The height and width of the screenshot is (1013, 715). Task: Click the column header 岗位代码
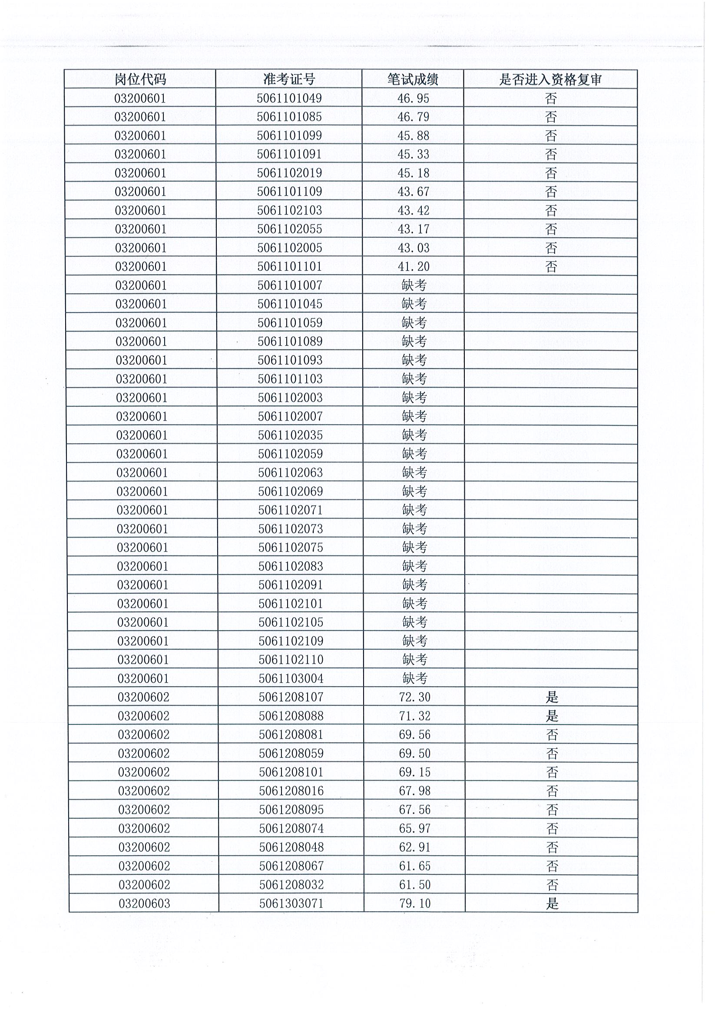point(140,80)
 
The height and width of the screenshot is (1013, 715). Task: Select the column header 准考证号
point(289,80)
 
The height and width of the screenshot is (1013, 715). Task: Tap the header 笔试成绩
point(413,80)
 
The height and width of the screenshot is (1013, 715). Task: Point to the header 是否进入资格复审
point(550,80)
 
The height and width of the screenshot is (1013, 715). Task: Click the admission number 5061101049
point(289,98)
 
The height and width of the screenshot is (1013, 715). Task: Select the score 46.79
point(413,117)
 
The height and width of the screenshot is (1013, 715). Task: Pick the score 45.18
point(413,173)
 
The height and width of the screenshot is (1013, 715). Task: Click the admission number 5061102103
point(290,210)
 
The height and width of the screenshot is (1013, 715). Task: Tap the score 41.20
point(414,266)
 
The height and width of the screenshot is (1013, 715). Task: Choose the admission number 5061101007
point(290,286)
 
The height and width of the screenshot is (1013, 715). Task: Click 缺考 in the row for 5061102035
point(414,435)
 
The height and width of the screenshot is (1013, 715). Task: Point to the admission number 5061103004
point(291,678)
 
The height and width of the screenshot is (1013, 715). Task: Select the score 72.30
point(414,697)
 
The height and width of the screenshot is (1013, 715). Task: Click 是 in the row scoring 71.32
point(552,716)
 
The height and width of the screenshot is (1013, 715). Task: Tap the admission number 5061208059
point(291,753)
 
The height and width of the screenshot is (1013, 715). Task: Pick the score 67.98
point(414,790)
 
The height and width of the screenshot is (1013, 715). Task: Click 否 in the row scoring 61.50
point(552,885)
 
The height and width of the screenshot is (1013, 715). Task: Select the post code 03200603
point(144,903)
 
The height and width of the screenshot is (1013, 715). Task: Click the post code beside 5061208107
point(143,697)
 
